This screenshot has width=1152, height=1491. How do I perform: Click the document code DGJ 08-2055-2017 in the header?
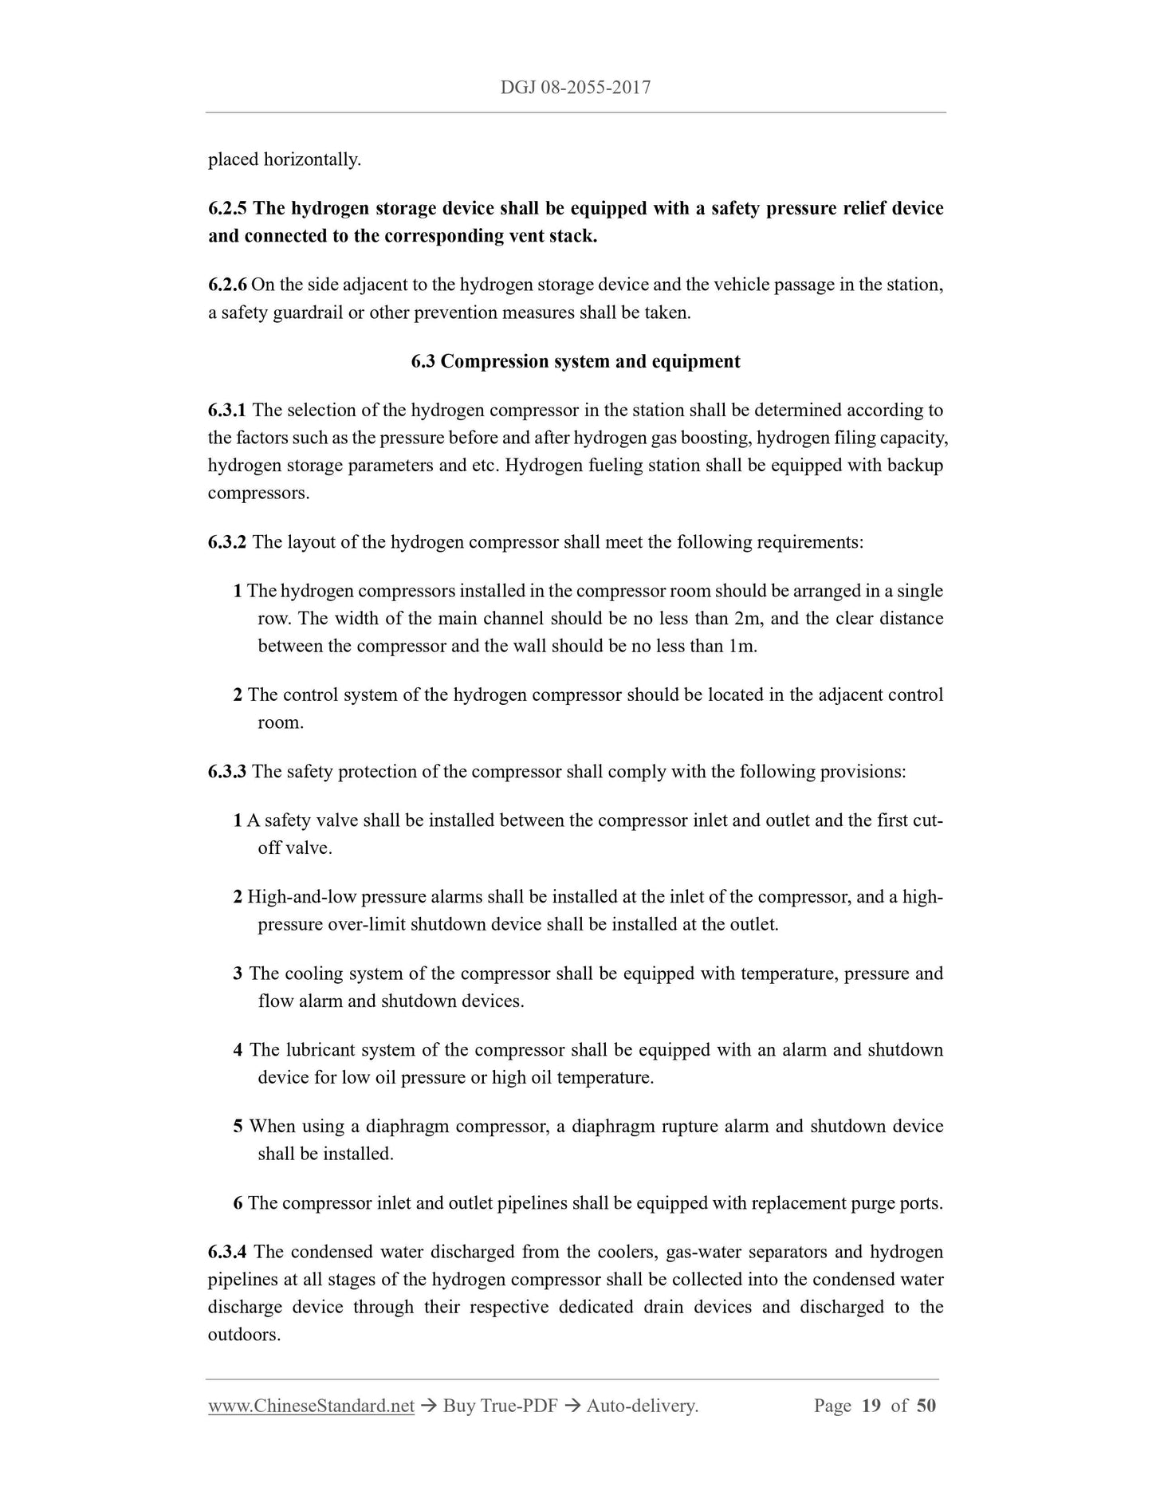coord(576,88)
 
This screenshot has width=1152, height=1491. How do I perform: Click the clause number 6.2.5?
coord(228,209)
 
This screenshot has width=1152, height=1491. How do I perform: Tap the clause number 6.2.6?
coord(227,285)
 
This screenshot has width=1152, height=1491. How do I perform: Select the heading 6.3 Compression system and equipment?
coord(576,362)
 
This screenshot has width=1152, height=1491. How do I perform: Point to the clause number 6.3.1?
coord(227,411)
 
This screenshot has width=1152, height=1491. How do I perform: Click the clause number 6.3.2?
coord(227,542)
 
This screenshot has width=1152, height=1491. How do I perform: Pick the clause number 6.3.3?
coord(227,772)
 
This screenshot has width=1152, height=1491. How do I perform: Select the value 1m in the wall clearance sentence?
coord(741,646)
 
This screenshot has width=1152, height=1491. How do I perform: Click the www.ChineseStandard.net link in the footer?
coord(311,1406)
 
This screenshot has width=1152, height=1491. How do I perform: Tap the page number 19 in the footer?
coord(871,1406)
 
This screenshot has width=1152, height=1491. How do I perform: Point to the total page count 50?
coord(926,1406)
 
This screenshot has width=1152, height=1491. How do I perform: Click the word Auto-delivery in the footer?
coord(642,1406)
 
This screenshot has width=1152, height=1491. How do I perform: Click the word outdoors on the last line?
coord(244,1335)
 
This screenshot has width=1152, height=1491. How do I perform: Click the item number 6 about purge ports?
coord(238,1203)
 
